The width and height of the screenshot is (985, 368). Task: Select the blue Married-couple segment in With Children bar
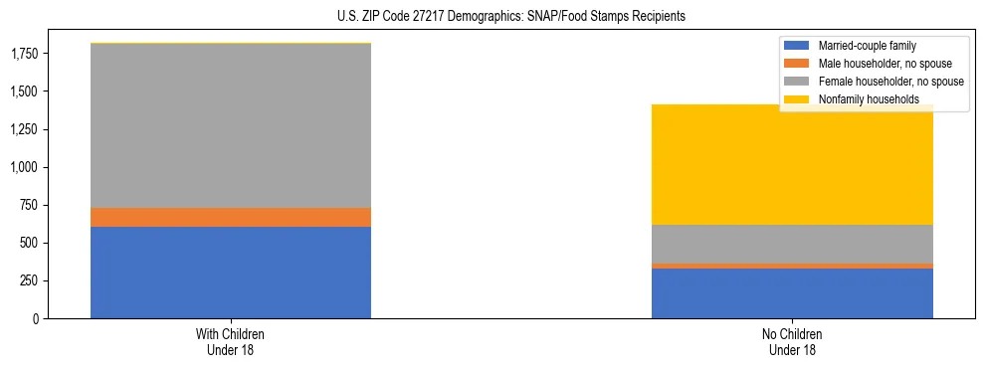[x=231, y=273]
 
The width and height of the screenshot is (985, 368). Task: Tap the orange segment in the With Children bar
[x=231, y=217]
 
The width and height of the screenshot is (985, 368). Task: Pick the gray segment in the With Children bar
[x=231, y=125]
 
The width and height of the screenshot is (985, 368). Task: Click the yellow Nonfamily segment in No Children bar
[x=792, y=165]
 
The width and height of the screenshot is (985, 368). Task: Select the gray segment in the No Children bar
[x=792, y=244]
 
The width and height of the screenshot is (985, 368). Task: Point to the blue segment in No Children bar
[x=792, y=293]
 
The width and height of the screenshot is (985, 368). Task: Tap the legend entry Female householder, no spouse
[x=888, y=82]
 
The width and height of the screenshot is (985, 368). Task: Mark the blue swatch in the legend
[x=797, y=46]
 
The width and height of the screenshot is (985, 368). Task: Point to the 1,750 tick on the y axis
[x=24, y=54]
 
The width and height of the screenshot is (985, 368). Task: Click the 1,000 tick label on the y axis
[x=24, y=167]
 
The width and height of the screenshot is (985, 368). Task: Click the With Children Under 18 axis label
[x=231, y=341]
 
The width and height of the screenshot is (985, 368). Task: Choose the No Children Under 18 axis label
[x=792, y=341]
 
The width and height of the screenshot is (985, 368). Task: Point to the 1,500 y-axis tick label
[x=24, y=92]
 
